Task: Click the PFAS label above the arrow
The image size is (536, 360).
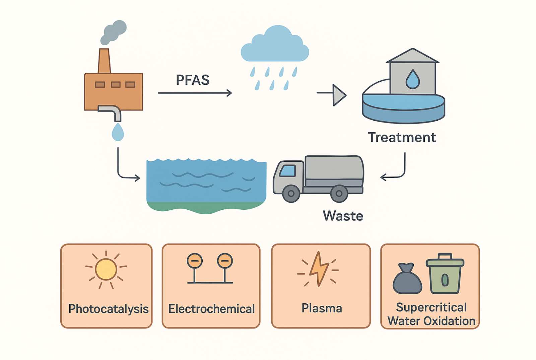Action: click(x=193, y=80)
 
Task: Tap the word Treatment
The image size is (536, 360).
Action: click(x=402, y=137)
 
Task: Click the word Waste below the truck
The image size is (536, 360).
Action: click(x=343, y=216)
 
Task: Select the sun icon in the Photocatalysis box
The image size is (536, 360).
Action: click(x=106, y=269)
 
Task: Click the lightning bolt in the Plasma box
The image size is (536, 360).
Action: click(x=319, y=269)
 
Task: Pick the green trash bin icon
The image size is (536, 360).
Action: click(x=445, y=274)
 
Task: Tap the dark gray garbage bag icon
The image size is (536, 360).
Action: click(x=407, y=279)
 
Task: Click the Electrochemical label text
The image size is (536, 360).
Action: click(x=211, y=309)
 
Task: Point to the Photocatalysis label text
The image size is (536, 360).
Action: click(x=108, y=309)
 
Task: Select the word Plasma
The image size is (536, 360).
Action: click(x=322, y=308)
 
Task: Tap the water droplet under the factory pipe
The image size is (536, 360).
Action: click(x=118, y=132)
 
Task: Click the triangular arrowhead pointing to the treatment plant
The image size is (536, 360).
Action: click(x=339, y=95)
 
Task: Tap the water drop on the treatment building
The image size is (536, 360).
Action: click(x=412, y=79)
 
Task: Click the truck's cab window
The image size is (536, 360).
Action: click(x=287, y=170)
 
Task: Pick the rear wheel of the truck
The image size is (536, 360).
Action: click(x=339, y=193)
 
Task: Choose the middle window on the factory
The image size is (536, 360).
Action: click(x=116, y=84)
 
